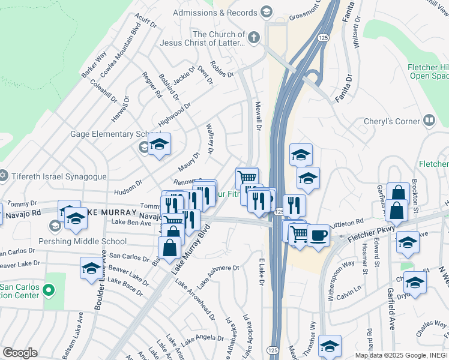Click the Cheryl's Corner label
tap(392, 121)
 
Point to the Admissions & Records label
tap(215, 13)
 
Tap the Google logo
tap(20, 353)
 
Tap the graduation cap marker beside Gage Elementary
tap(159, 144)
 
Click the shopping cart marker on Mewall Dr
tap(247, 177)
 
